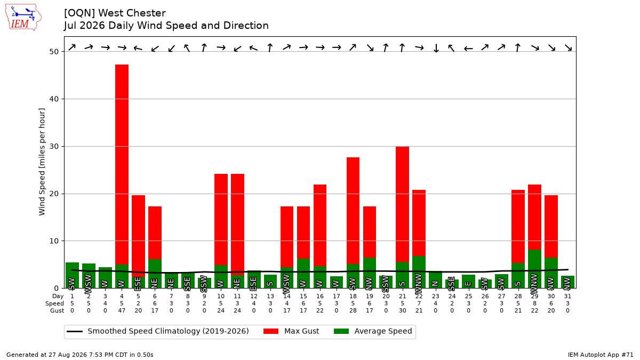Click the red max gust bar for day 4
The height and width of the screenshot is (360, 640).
[x=122, y=165]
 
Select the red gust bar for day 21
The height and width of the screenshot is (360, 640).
[x=402, y=204]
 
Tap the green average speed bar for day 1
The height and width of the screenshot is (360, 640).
[x=73, y=275]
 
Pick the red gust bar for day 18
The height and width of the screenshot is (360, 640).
[x=353, y=211]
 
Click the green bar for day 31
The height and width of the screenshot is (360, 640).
[x=567, y=282]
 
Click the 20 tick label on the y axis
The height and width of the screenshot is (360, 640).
[x=54, y=194]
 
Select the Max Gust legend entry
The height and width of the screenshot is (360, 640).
[x=291, y=331]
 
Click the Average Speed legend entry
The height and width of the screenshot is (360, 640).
[x=373, y=331]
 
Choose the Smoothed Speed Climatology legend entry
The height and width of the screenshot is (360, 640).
[x=158, y=331]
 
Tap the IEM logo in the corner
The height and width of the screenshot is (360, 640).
[x=23, y=18]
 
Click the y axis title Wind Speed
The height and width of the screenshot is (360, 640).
[x=42, y=162]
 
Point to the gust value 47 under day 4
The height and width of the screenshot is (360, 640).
[x=122, y=310]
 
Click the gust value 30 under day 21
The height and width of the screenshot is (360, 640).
[x=402, y=310]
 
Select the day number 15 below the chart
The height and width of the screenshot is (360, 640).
[x=303, y=297]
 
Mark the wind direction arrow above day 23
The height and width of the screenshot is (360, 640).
[x=436, y=47]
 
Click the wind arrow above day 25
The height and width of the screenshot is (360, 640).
[x=468, y=49]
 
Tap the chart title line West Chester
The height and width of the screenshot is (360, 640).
[x=115, y=13]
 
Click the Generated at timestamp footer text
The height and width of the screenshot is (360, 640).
[x=79, y=355]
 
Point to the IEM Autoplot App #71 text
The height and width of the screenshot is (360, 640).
[x=601, y=355]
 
